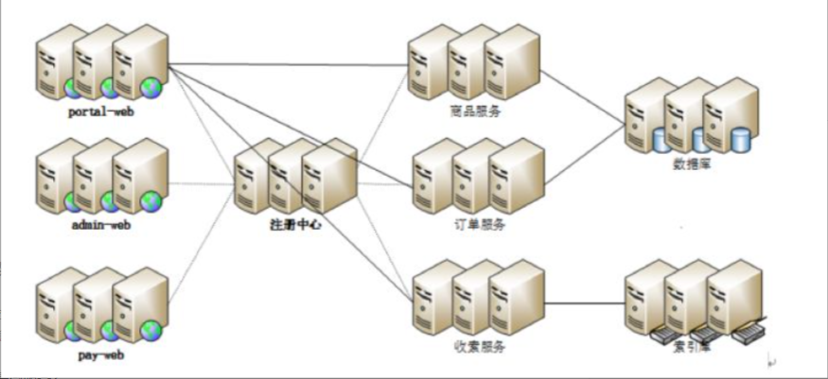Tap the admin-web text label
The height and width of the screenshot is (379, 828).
coord(99,226)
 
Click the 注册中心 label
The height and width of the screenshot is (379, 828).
coord(295,226)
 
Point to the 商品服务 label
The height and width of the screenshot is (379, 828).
coord(476,111)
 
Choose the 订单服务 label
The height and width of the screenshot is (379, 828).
coord(480,224)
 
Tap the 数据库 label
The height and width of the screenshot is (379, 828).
coord(692,164)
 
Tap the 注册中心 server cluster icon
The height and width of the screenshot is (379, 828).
coord(295,179)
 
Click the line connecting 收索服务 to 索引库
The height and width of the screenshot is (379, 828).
coord(587,303)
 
